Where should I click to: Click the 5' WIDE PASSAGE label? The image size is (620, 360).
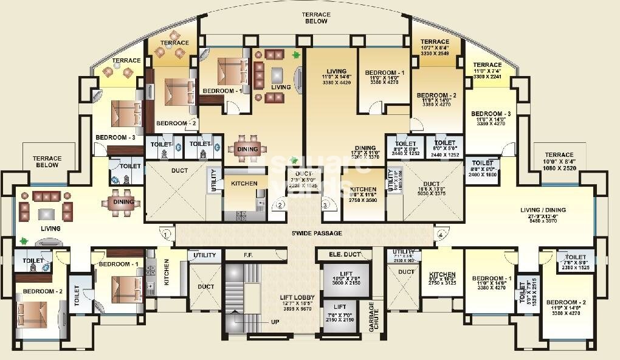pyautogui.click(x=316, y=234)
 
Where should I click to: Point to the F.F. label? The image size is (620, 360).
pyautogui.click(x=248, y=255)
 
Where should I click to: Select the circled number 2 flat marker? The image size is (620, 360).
pyautogui.click(x=280, y=206)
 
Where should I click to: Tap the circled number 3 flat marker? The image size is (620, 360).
pyautogui.click(x=325, y=206)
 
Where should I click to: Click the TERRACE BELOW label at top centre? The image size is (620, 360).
pyautogui.click(x=316, y=18)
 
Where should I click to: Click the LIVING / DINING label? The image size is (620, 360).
pyautogui.click(x=543, y=210)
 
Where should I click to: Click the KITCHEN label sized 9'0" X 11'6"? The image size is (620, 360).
pyautogui.click(x=363, y=190)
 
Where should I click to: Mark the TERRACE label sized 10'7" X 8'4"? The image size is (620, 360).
pyautogui.click(x=435, y=43)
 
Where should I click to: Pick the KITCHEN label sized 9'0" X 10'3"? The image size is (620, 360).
pyautogui.click(x=442, y=274)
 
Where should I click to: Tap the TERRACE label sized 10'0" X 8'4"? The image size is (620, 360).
pyautogui.click(x=559, y=155)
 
